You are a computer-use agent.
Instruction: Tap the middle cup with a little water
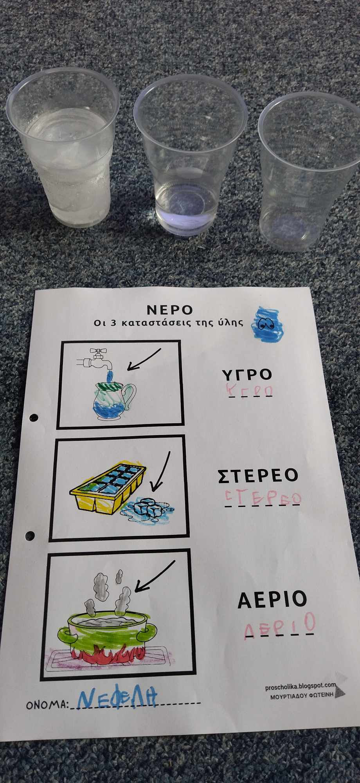point(191,161)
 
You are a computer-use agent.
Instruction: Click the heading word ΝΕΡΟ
point(170,310)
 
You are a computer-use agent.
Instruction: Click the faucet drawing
point(94,359)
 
